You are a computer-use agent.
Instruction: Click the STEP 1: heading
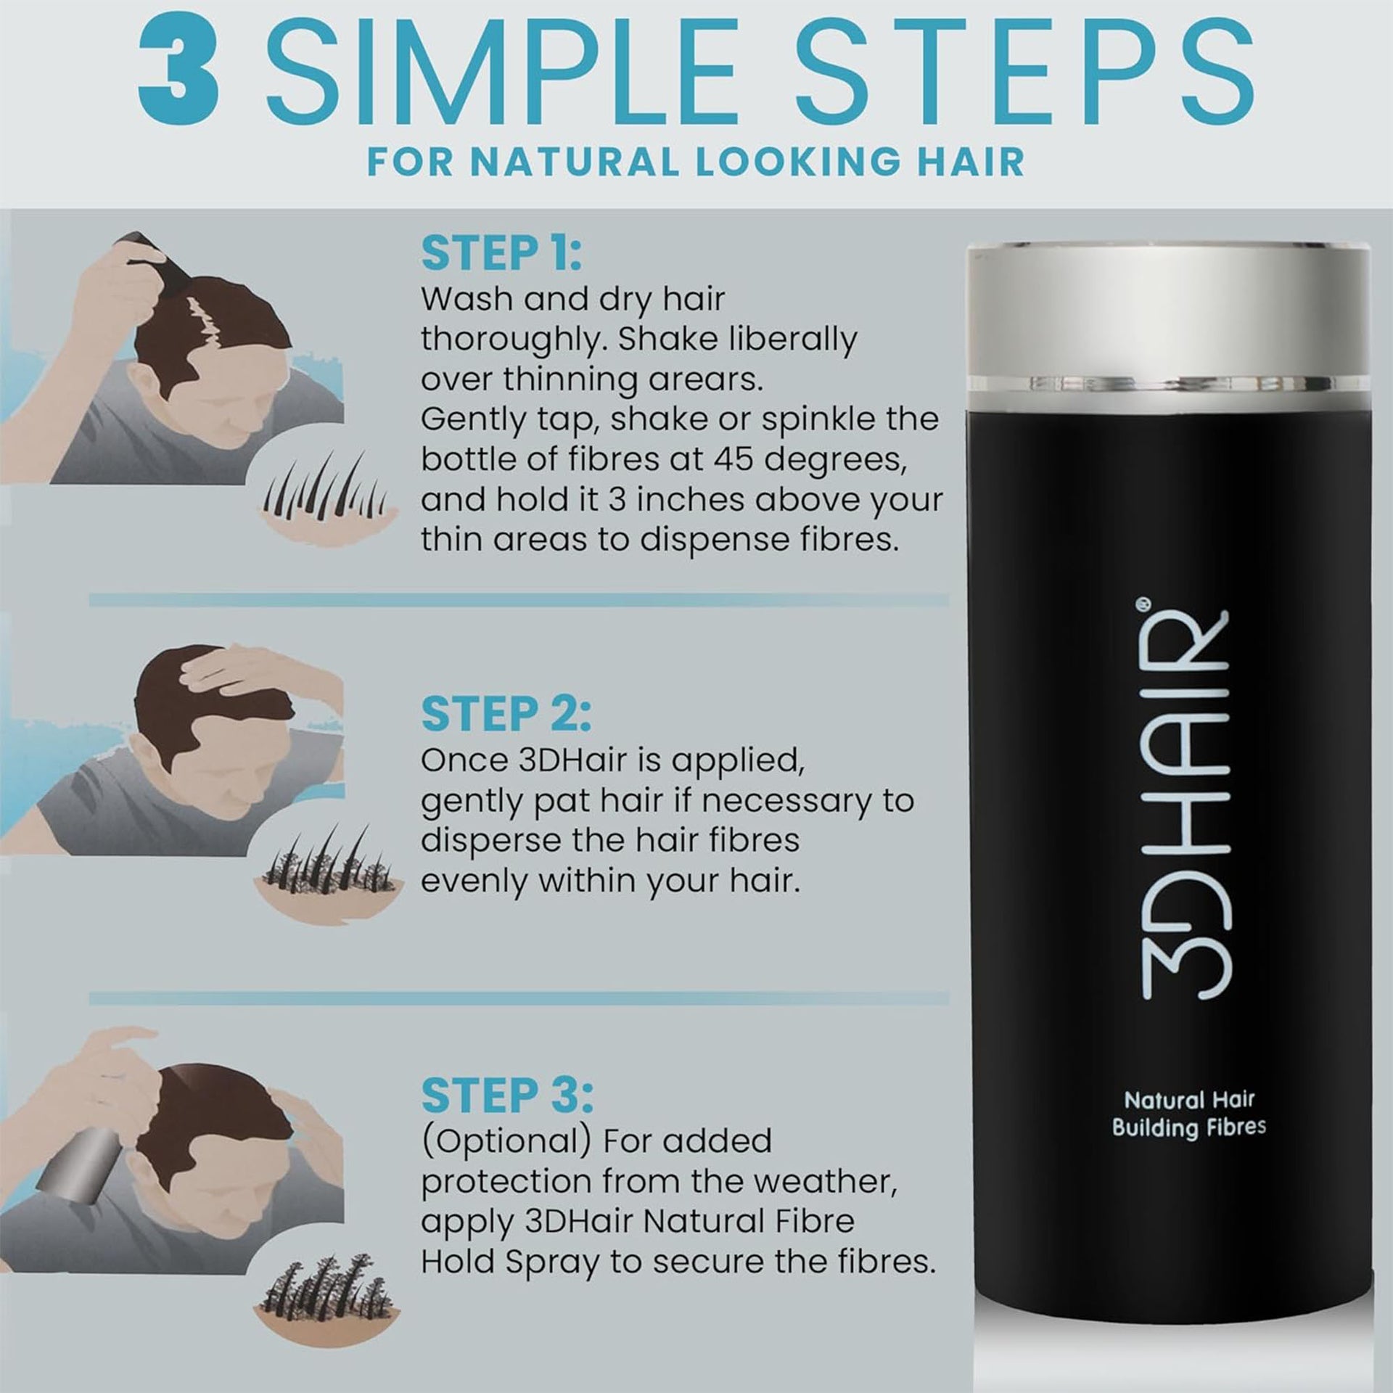[x=501, y=254]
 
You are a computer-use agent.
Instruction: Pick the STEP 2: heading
[x=506, y=715]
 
